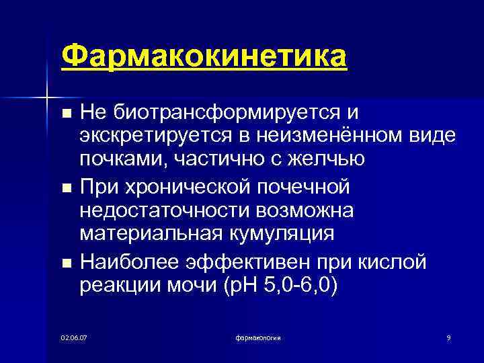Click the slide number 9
[x=448, y=336]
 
